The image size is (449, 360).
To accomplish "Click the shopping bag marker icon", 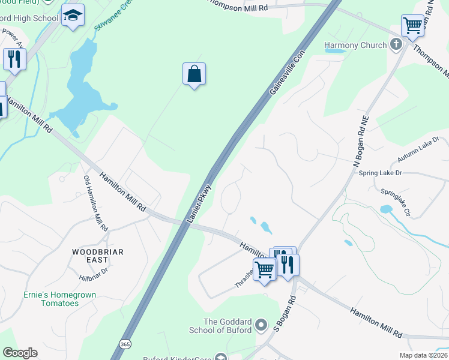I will pyautogui.click(x=194, y=74).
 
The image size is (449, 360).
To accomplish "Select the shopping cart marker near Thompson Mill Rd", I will pyautogui.click(x=412, y=26).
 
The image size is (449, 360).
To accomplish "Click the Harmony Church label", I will pyautogui.click(x=355, y=45).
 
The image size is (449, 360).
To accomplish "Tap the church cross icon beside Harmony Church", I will pyautogui.click(x=396, y=44).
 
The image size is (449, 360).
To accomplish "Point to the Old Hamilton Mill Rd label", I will pyautogui.click(x=95, y=204).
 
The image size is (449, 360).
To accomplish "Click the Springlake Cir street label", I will pyautogui.click(x=396, y=203).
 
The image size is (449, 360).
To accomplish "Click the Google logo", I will pyautogui.click(x=20, y=353).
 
